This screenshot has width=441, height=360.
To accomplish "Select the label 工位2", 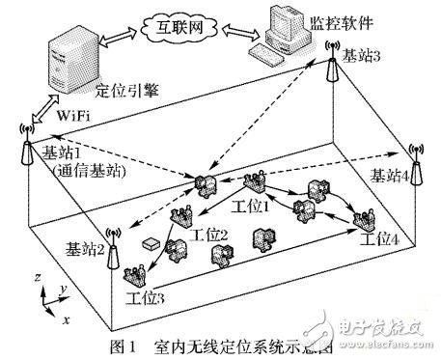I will [210, 235].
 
